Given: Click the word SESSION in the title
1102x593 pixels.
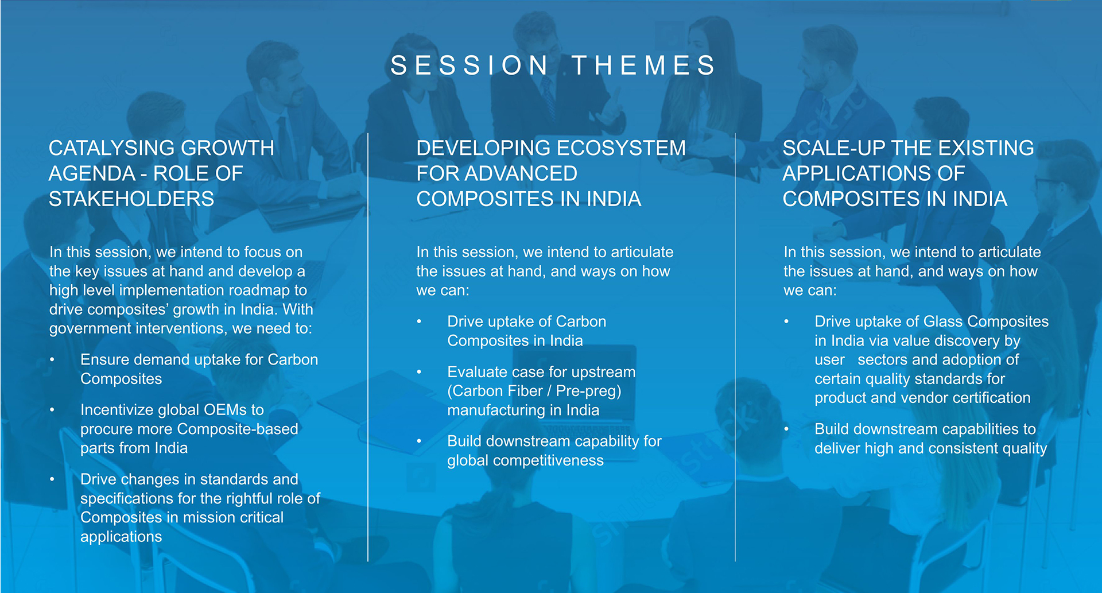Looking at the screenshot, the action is tap(469, 65).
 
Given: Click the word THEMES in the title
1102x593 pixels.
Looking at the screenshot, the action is tap(644, 65).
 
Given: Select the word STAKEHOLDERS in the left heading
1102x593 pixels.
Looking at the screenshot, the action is tap(131, 199).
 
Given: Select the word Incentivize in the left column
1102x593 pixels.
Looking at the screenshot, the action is tap(117, 410).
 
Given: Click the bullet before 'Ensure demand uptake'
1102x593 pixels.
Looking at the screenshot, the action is tap(52, 360).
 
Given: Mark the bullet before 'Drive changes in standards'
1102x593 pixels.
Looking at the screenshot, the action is tap(52, 479).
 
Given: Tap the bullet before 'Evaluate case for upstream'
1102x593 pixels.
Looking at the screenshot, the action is tap(420, 373).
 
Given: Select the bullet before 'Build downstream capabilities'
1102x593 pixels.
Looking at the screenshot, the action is tap(787, 429).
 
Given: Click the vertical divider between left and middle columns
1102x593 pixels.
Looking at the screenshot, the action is tap(368, 347).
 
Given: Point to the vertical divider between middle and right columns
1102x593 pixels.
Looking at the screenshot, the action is tap(735, 347).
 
